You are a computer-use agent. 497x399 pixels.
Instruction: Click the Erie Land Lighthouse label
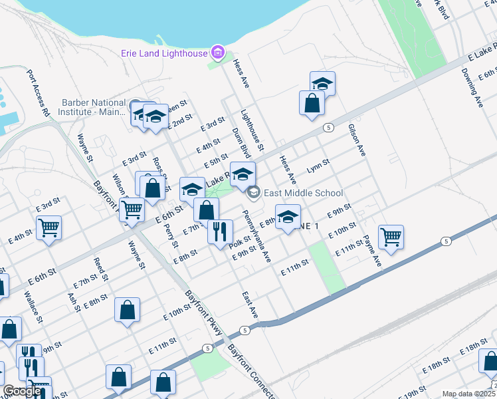(163, 53)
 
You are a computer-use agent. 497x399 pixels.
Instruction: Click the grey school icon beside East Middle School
(253, 194)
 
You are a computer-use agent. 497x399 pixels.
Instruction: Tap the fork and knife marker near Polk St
(220, 232)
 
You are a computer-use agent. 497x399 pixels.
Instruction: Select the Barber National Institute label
(93, 107)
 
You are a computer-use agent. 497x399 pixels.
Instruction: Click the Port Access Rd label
(38, 94)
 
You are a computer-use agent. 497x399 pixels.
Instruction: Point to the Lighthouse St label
(252, 129)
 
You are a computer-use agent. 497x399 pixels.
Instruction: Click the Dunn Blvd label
(240, 144)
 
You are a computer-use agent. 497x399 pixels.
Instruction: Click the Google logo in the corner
(22, 391)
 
